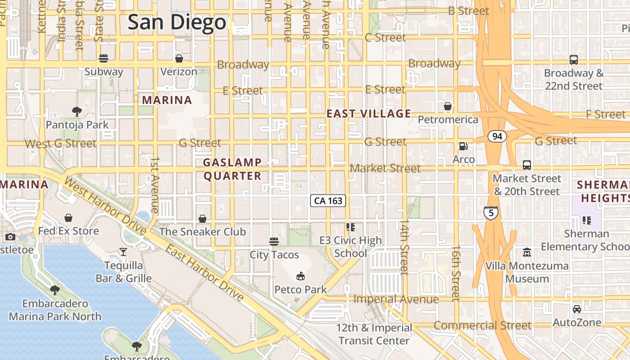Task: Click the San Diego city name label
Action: point(177,22)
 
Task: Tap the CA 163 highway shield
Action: point(328,201)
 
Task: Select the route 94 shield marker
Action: point(497,136)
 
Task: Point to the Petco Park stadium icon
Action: point(301,275)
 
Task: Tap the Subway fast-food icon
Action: point(103,58)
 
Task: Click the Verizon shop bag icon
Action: point(179,58)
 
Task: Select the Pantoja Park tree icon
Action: point(77,111)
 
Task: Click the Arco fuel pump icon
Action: point(463,146)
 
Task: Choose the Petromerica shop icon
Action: point(448,106)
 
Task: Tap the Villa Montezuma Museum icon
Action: point(526,252)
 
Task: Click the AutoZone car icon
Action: point(576,309)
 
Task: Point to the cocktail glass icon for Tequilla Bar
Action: point(123,252)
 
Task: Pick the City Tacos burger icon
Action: point(274,242)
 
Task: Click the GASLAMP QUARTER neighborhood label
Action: point(232,169)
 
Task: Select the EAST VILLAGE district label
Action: point(369,114)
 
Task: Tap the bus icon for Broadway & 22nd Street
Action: point(573,59)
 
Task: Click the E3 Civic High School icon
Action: point(351,227)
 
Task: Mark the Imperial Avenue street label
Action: point(396,299)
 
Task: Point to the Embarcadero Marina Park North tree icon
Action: point(55,290)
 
